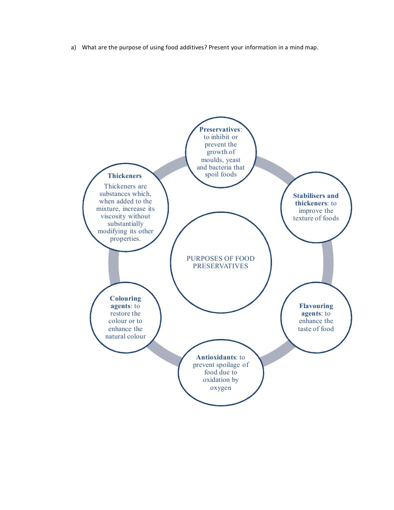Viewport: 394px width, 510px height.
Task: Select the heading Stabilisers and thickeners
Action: point(315,199)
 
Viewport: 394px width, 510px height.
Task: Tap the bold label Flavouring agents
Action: point(316,310)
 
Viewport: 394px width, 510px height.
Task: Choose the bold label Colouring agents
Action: point(125,302)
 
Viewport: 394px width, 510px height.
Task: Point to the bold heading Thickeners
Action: point(125,176)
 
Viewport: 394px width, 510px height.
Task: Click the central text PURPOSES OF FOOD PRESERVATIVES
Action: point(220,262)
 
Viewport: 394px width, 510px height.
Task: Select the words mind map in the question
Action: point(303,48)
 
